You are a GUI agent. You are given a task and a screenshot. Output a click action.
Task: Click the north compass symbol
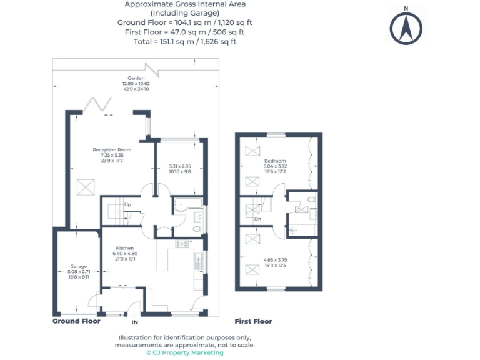coord(406,26)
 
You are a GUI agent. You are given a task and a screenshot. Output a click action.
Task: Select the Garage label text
coord(78,266)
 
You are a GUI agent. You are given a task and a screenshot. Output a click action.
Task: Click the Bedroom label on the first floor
coord(275,161)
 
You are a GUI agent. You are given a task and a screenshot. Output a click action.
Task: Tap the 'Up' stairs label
coord(127,204)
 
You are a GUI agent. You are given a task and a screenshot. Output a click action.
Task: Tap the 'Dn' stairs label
coord(257,219)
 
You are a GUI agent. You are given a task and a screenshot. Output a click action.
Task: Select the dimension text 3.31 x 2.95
coord(179,166)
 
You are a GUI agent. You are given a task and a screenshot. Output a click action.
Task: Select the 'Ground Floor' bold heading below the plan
coord(76,321)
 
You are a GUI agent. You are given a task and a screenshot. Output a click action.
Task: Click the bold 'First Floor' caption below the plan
coord(253,321)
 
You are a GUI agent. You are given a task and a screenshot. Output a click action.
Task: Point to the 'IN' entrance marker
coord(134,323)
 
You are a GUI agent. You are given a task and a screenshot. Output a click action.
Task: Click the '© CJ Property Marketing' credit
coord(184,352)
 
